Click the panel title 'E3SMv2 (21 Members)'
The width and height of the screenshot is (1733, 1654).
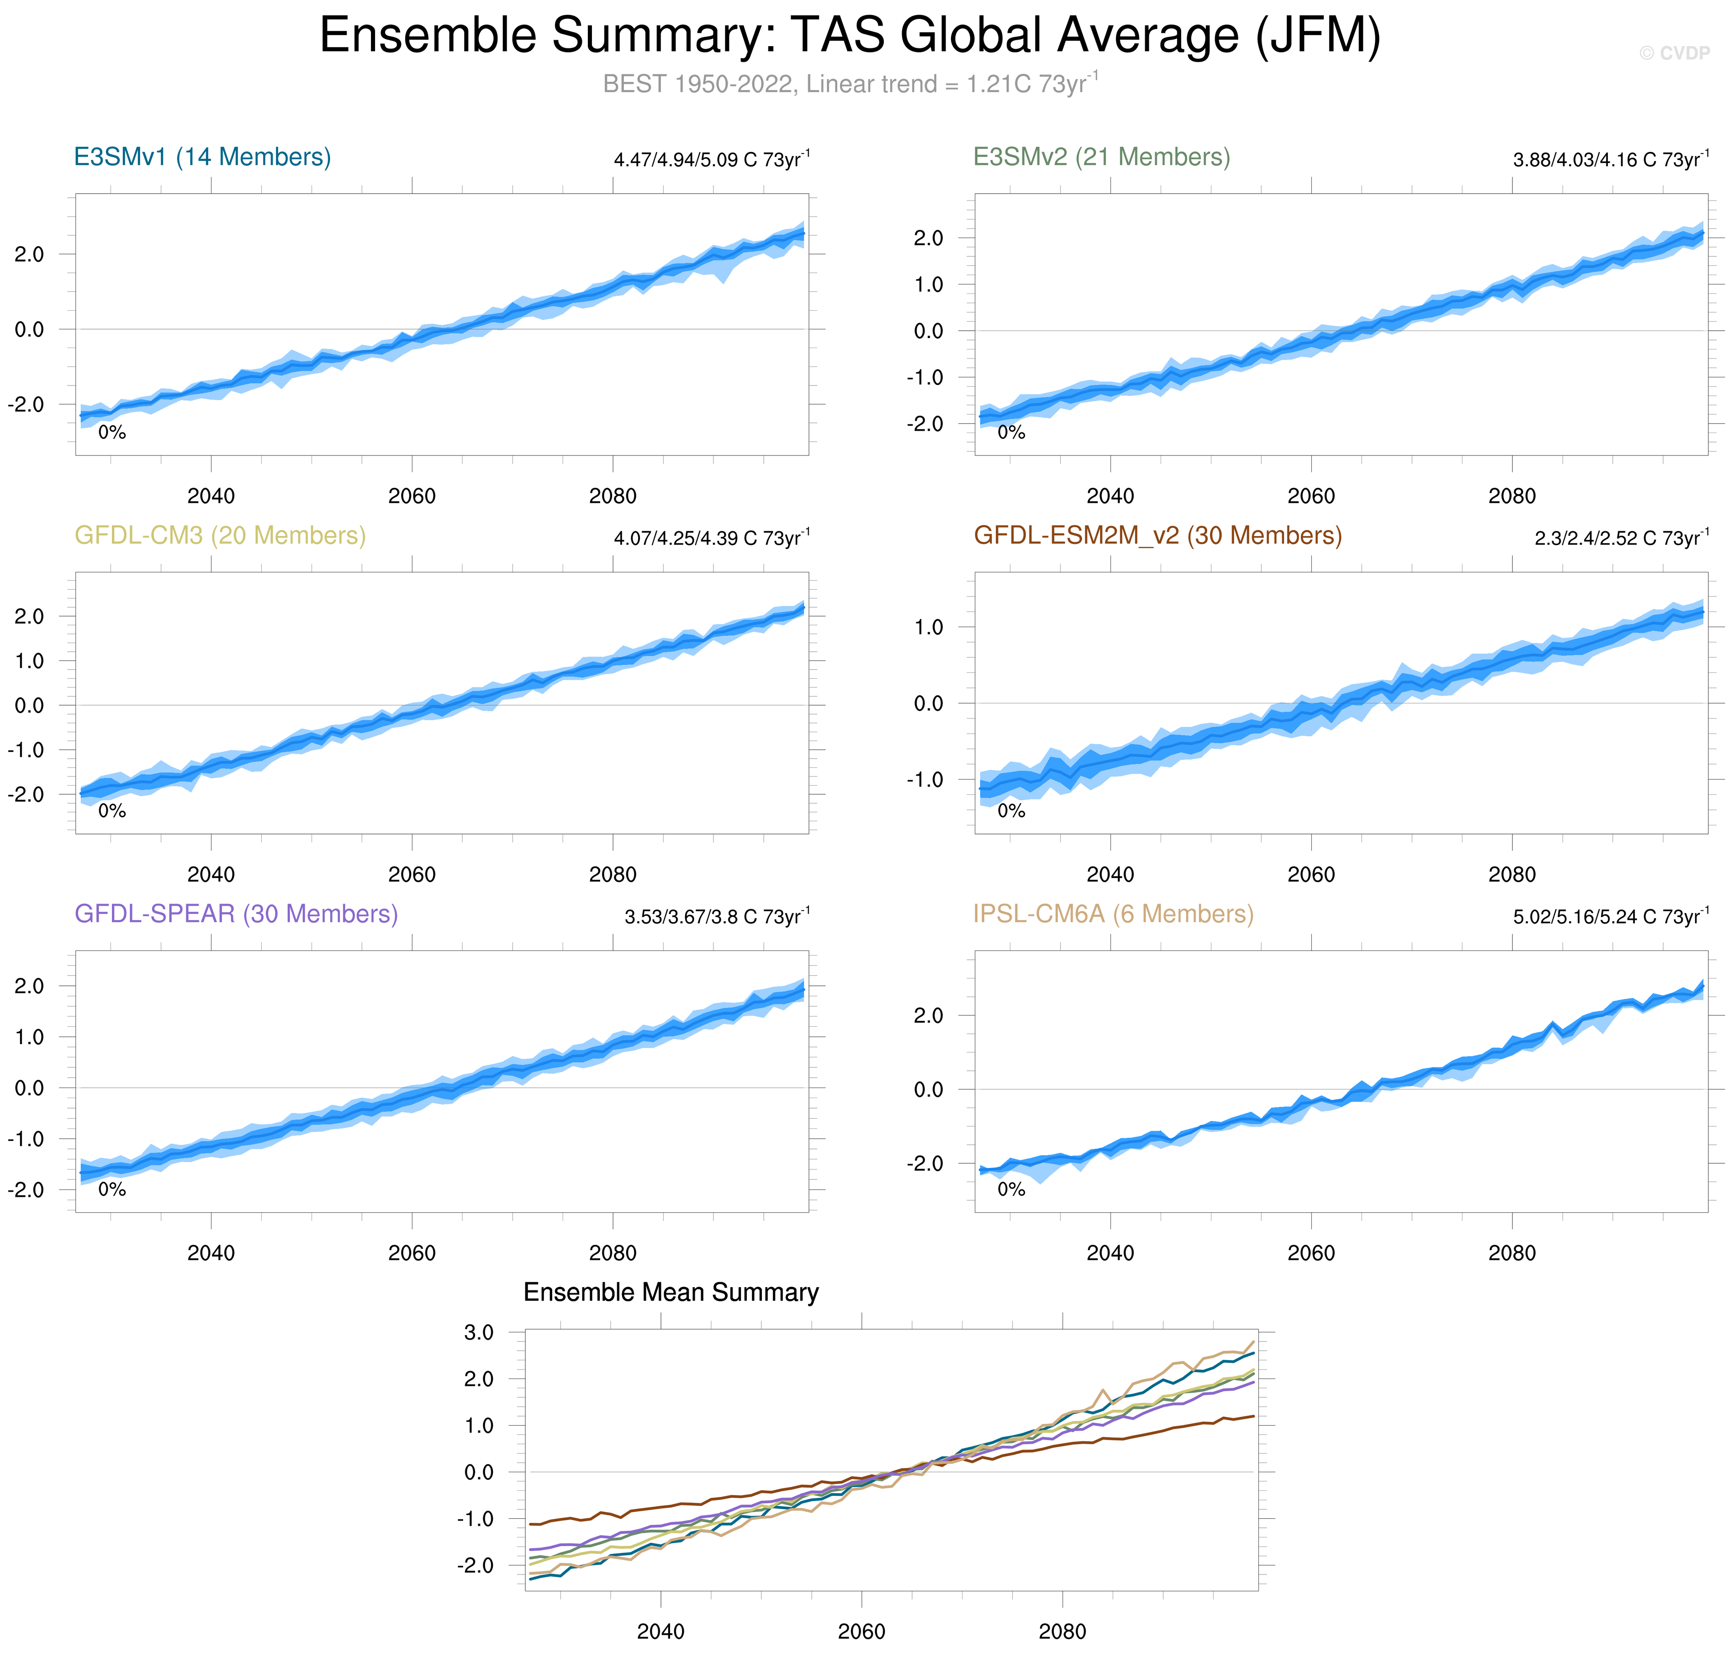[1101, 157]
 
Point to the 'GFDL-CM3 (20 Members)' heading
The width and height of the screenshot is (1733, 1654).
[220, 535]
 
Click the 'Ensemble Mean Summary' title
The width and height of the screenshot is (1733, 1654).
[671, 1293]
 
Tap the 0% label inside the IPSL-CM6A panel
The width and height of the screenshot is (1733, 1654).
[1011, 1189]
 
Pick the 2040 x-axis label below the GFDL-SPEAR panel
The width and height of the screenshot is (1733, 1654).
[211, 1253]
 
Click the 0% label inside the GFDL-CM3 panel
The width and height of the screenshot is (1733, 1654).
[112, 811]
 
